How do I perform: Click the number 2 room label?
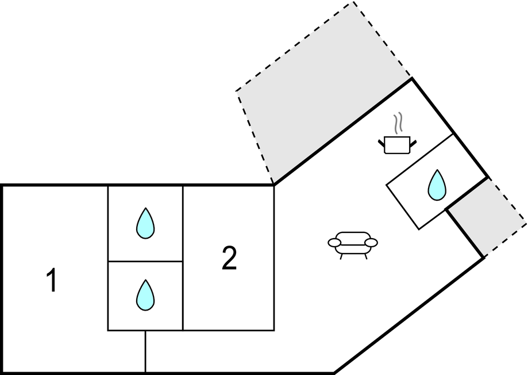click(x=229, y=259)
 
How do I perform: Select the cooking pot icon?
click(x=396, y=144)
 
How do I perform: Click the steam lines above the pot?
click(x=398, y=123)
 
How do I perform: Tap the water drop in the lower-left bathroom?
click(x=145, y=295)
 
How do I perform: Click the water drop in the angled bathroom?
click(x=437, y=185)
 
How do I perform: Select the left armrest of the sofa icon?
click(x=334, y=243)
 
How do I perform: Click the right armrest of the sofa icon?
click(x=372, y=243)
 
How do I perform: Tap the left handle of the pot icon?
click(x=382, y=141)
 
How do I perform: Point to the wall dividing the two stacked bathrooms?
click(x=145, y=261)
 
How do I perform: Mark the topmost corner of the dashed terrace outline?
click(x=353, y=2)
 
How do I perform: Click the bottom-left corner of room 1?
click(x=3, y=372)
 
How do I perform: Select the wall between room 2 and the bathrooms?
click(x=183, y=259)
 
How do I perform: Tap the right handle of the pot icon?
click(x=413, y=141)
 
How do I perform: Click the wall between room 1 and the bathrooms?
click(x=108, y=259)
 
